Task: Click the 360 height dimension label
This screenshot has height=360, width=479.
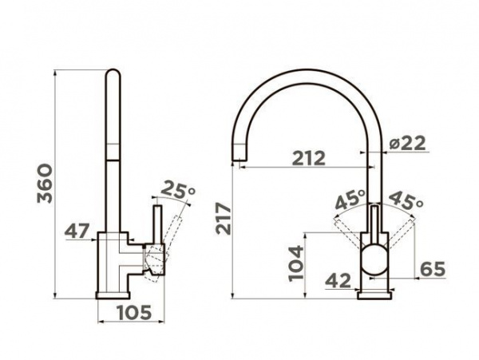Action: [x=45, y=184]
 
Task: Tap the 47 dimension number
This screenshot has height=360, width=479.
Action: [x=77, y=231]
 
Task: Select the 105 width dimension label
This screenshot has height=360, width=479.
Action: [x=135, y=312]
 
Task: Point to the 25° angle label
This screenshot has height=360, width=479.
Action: [x=178, y=190]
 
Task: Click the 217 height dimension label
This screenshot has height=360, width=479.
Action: [x=224, y=219]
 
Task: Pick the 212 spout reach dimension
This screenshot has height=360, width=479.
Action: [x=309, y=158]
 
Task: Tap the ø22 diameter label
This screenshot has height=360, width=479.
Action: [x=407, y=143]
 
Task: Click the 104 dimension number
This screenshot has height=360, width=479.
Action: [x=297, y=263]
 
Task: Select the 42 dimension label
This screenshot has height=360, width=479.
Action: [x=338, y=280]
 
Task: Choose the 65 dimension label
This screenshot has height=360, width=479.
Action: [x=433, y=269]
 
